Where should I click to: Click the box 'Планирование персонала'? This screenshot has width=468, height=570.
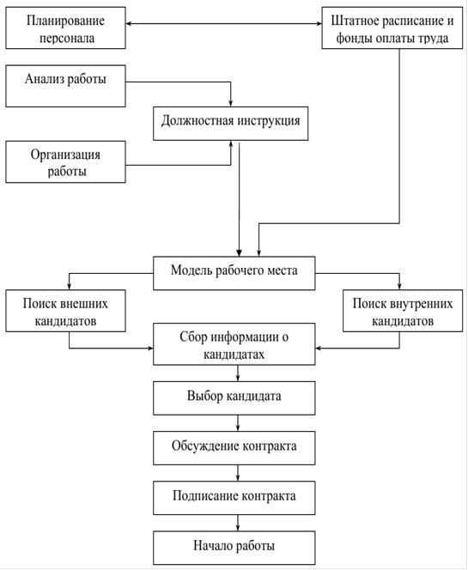(x=65, y=27)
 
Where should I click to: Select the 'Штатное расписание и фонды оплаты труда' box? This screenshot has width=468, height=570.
(x=392, y=27)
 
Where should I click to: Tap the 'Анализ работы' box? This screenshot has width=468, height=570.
(x=65, y=86)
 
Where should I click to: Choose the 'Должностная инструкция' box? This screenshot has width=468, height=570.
(x=230, y=124)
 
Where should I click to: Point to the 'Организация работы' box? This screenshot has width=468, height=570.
(x=65, y=161)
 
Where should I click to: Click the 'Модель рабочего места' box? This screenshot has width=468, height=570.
(x=234, y=273)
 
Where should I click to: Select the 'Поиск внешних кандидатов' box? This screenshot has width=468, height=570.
(x=65, y=311)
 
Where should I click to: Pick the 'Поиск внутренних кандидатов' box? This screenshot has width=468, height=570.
(x=403, y=311)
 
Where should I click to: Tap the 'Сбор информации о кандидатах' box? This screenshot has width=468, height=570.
(x=234, y=344)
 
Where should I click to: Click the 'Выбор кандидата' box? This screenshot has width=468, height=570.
(x=234, y=398)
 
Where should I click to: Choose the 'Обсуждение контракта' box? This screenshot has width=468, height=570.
(x=234, y=448)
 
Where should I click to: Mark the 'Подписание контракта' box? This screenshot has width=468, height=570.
(x=234, y=498)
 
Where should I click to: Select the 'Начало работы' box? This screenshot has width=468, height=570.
(x=234, y=548)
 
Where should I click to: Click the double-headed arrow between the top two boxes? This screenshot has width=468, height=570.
(x=223, y=24)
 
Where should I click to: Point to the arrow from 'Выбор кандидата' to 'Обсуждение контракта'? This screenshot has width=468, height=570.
(x=238, y=423)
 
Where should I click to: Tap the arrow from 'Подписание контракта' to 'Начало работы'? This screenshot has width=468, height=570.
(x=238, y=523)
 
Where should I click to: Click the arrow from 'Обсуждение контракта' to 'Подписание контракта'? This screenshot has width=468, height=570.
(x=238, y=473)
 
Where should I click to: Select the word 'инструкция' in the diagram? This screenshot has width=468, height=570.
(x=269, y=121)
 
